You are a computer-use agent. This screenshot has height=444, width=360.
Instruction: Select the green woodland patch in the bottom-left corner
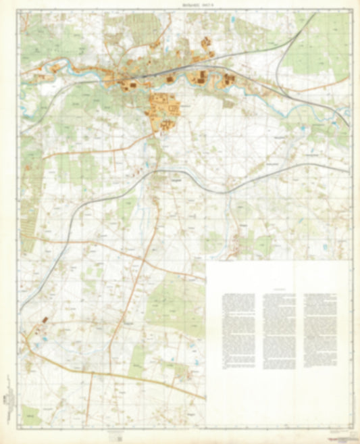coord(30,413)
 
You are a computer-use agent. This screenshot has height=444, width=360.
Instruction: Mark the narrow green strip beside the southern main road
coord(137,358)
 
